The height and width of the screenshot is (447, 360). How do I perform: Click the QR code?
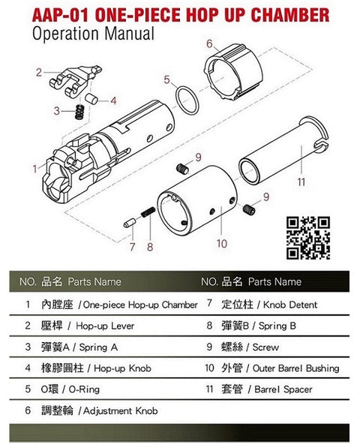coord(308,238)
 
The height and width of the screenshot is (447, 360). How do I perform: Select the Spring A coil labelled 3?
coord(79,112)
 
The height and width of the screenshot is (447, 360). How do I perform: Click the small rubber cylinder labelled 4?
coord(91,98)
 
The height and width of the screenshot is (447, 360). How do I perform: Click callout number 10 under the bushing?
coord(222,244)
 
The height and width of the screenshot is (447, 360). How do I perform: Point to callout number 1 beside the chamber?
coord(34,169)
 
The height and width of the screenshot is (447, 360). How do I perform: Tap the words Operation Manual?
coord(93,33)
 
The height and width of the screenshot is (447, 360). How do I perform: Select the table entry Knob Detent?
coord(290,304)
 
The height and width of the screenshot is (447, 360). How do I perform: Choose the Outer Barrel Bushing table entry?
coord(295,368)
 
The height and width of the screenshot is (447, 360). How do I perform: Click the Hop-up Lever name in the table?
coord(105,325)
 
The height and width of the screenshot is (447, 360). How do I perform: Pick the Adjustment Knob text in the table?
coord(120,411)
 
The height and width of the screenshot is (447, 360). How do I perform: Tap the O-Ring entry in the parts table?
coord(84,389)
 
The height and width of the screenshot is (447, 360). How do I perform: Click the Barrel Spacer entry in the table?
coord(283,389)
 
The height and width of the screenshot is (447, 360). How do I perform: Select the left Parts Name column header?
coord(94,282)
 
